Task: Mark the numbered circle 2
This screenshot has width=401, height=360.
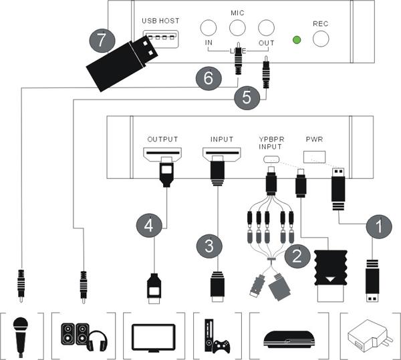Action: (295, 254)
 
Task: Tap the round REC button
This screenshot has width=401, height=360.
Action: (322, 39)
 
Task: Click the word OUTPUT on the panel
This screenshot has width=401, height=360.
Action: (162, 139)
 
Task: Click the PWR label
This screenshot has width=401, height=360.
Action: (313, 140)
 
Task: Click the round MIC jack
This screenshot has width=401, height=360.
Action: (237, 27)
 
